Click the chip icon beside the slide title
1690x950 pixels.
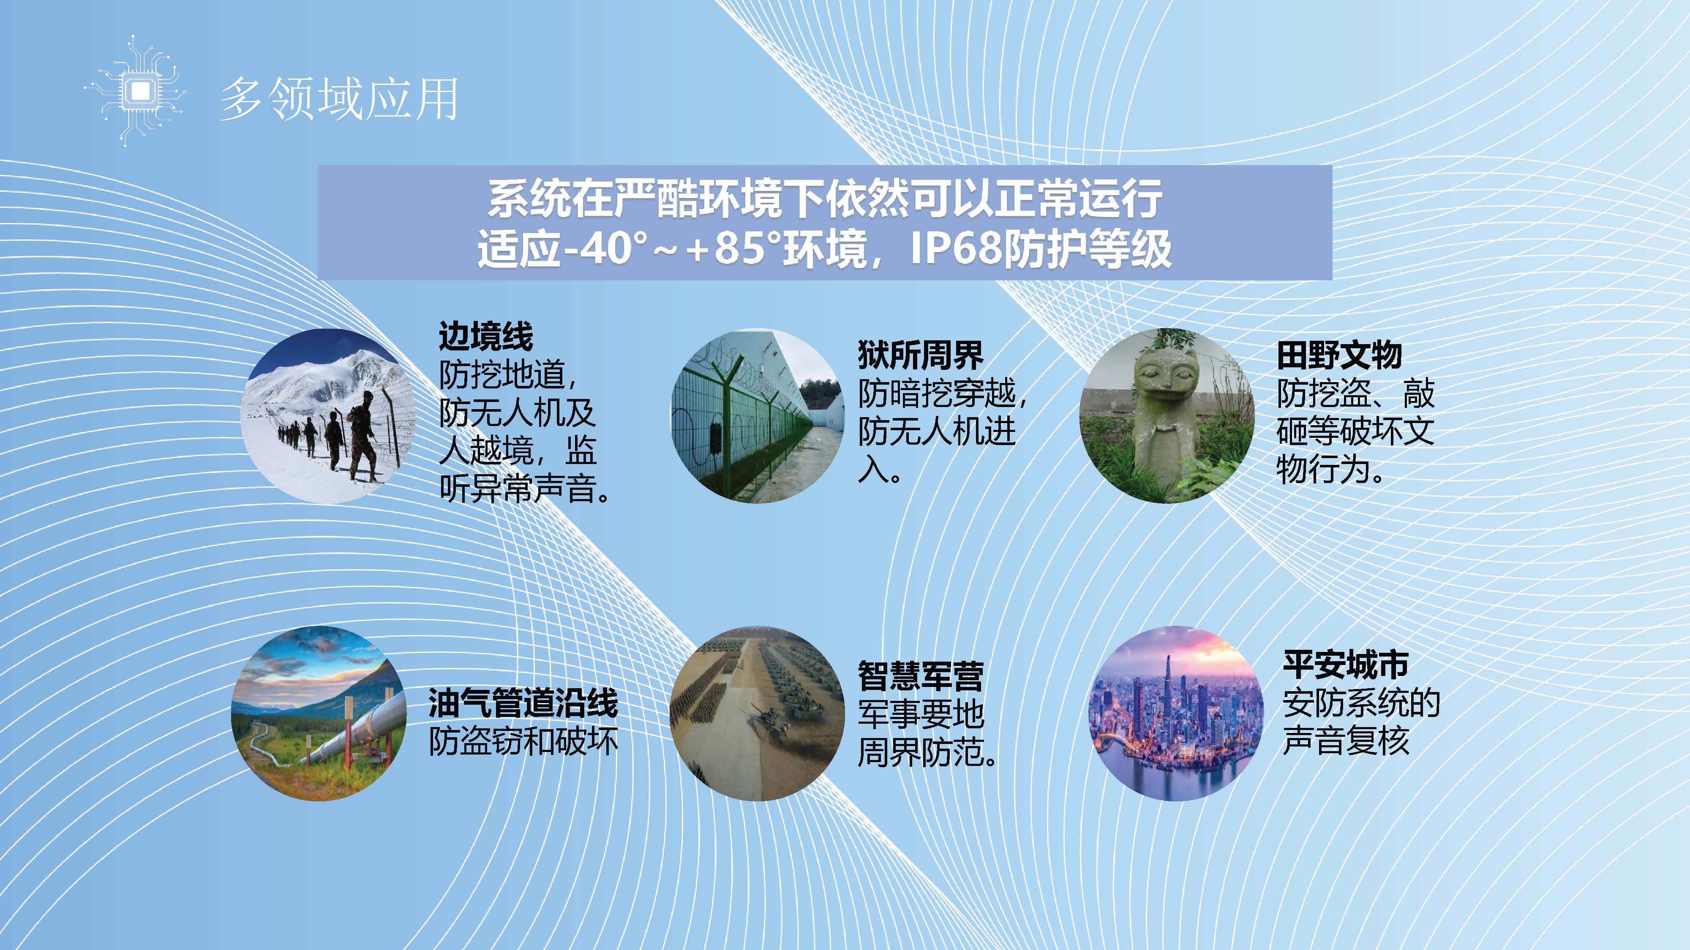pyautogui.click(x=136, y=90)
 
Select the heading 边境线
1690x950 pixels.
pyautogui.click(x=485, y=337)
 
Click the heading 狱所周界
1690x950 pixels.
pyautogui.click(x=921, y=356)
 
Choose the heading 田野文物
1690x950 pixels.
pyautogui.click(x=1339, y=356)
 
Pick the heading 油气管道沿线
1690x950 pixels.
pyautogui.click(x=523, y=703)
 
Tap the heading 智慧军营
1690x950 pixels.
pyautogui.click(x=921, y=676)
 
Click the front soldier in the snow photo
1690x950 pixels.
pyautogui.click(x=362, y=436)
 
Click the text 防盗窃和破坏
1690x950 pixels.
pyautogui.click(x=523, y=741)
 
